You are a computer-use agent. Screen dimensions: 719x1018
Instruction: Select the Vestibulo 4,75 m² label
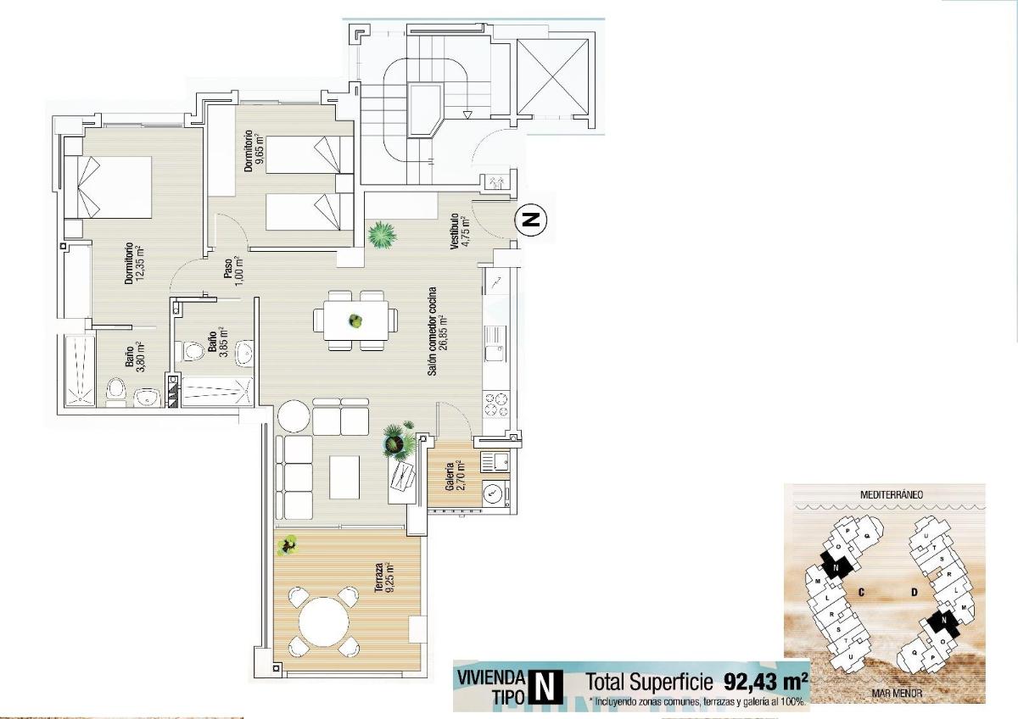pos(459,231)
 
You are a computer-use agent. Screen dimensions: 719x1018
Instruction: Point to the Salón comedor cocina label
pos(433,332)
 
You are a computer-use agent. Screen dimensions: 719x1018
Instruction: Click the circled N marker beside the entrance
pos(531,220)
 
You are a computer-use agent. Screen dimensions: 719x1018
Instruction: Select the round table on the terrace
pos(323,621)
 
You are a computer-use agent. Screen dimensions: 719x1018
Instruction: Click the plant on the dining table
pos(355,321)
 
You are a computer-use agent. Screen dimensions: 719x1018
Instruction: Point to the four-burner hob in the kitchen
pos(495,404)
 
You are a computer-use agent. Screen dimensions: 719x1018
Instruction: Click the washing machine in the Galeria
pos(493,493)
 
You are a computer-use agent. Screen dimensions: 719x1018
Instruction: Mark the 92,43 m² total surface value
pos(765,681)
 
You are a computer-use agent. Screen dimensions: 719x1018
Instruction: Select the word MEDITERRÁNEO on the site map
pos(891,493)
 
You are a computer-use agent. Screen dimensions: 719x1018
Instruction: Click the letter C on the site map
pos(860,592)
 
